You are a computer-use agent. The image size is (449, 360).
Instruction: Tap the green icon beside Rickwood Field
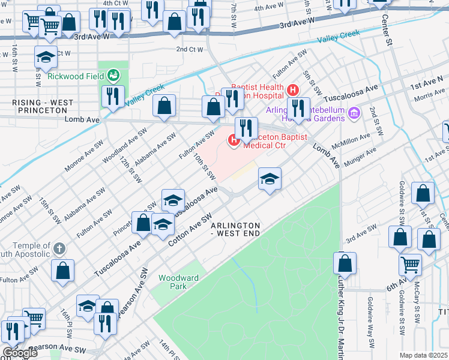113,76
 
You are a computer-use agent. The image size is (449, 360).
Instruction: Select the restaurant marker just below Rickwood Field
113,96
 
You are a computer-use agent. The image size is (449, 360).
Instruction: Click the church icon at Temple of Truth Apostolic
59,248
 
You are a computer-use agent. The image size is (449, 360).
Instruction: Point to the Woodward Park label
172,282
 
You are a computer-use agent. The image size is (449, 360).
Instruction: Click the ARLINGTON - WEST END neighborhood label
235,229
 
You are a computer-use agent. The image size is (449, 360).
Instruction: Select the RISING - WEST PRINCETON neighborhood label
38,107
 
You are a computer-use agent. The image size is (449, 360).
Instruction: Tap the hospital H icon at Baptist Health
293,91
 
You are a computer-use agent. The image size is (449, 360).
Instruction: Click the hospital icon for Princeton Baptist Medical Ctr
234,140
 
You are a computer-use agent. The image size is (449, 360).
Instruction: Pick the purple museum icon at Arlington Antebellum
354,113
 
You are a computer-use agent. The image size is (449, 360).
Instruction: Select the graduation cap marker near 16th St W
46,58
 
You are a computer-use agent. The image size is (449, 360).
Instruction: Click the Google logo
19,353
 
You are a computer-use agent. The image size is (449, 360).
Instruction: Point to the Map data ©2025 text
423,355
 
